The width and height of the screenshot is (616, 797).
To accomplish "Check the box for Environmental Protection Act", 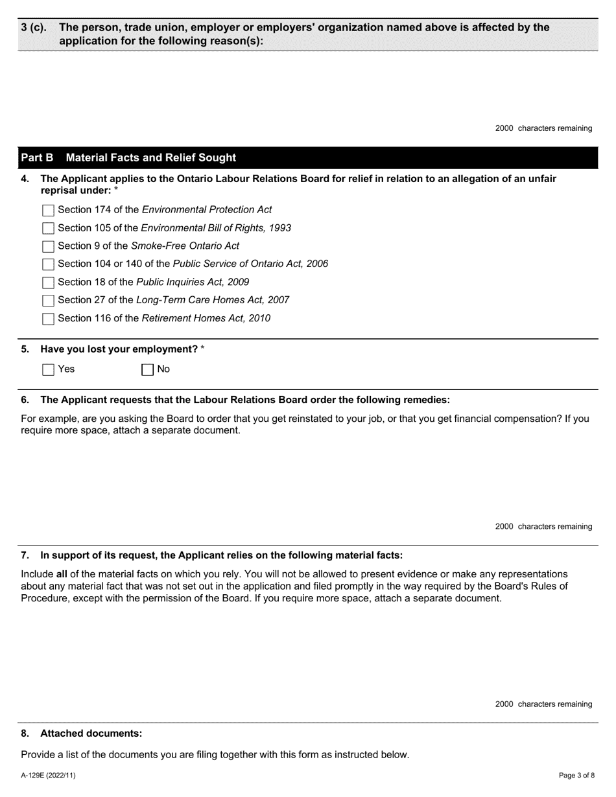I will [48, 211].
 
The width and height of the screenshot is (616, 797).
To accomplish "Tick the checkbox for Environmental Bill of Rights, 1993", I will [48, 228].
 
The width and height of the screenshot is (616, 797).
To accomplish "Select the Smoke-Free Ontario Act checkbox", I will [48, 246].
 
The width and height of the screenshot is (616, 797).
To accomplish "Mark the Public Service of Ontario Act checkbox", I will [48, 264].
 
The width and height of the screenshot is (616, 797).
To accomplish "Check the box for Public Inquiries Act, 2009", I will [48, 283].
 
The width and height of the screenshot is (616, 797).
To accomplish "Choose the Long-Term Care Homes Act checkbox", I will [48, 301].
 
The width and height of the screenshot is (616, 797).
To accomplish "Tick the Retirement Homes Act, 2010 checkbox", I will [48, 319].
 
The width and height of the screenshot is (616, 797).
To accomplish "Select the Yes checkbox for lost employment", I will [48, 370].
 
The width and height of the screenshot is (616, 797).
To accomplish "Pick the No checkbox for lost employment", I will [147, 370].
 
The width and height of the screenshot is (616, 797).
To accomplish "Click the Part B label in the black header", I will [37, 158].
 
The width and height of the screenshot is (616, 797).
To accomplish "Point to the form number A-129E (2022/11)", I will [48, 775].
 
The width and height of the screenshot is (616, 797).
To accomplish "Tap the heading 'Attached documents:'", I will [91, 733].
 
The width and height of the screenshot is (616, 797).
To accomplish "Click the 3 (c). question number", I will [34, 27].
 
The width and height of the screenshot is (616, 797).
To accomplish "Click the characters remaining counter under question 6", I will [543, 526].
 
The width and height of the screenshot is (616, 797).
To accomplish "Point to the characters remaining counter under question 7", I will [543, 704].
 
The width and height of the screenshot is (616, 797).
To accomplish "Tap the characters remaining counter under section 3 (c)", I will [543, 128].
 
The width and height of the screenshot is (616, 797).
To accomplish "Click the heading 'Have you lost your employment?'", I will [119, 349].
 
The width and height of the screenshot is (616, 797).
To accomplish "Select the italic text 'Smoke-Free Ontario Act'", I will [185, 246].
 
